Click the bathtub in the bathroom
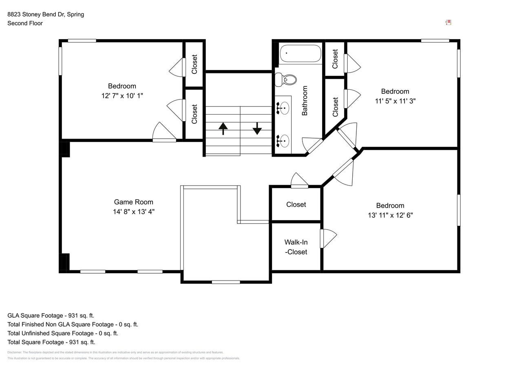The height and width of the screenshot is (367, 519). [x=300, y=53]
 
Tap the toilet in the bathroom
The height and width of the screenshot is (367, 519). [x=286, y=80]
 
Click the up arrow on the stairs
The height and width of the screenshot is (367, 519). [x=223, y=128]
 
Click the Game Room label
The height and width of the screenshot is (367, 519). [x=133, y=202]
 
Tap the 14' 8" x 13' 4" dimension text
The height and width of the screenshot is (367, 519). [x=133, y=212]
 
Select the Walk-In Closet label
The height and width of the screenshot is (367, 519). [x=296, y=247]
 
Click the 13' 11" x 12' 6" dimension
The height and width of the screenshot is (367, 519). [x=390, y=215]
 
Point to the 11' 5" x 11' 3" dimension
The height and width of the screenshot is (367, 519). [x=395, y=101]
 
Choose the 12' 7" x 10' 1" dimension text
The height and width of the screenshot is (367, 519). [x=122, y=96]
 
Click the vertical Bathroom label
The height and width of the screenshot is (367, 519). [x=305, y=101]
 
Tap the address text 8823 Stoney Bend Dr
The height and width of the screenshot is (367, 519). [x=46, y=14]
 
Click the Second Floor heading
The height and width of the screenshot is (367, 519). [x=25, y=23]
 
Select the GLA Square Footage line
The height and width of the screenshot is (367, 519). [x=51, y=315]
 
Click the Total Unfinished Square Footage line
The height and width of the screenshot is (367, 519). [x=63, y=333]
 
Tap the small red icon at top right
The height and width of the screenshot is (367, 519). [x=448, y=22]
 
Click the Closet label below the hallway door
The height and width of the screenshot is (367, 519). [x=296, y=204]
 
